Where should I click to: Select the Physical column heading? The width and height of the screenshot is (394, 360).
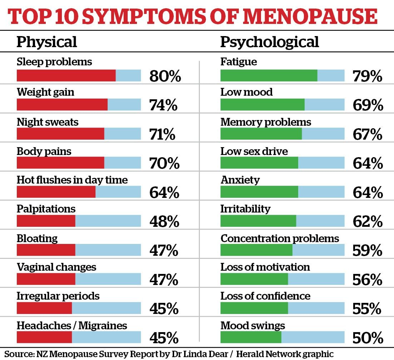coord(47,42)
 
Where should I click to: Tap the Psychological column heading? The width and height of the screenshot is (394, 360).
coord(269,42)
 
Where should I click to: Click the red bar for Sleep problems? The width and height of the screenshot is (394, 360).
coord(66,75)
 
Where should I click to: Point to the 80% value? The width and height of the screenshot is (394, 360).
coord(165,76)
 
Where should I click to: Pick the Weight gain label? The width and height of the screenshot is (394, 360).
coord(45,92)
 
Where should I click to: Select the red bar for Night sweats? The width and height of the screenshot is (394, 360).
coord(60,134)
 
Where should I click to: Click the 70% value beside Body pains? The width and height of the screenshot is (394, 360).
coord(164,164)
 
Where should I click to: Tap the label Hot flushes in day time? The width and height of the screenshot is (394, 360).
coord(72,180)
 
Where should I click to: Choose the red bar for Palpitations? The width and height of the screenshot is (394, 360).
coord(46,221)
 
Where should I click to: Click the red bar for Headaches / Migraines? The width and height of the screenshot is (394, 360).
coord(44,337)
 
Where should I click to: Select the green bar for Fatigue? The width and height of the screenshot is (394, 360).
coord(269,75)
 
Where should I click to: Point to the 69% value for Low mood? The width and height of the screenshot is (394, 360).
coord(368,105)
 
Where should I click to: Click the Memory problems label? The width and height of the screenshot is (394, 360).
coord(266,122)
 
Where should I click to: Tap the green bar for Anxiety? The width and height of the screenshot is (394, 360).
coord(259,192)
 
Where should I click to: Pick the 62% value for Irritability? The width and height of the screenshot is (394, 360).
coord(368,222)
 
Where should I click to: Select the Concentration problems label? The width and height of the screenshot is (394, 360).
coord(280,238)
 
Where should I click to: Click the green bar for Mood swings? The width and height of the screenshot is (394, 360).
coord(251,337)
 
